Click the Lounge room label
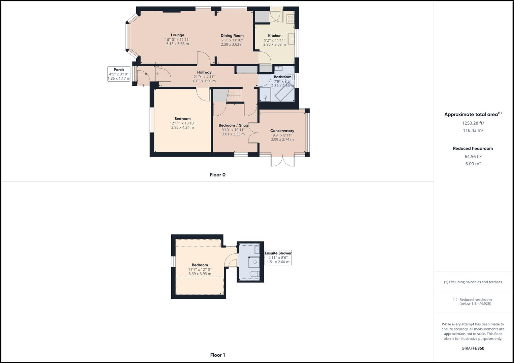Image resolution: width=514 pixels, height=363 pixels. point(177,35)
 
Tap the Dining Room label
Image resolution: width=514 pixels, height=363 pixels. point(232,36)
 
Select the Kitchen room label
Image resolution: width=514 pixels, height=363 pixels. point(275,36)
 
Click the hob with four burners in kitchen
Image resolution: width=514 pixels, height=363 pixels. point(290,19)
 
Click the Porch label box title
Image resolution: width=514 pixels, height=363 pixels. point(119,70)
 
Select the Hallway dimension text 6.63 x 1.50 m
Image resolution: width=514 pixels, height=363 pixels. point(204,81)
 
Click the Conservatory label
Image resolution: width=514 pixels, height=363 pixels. point(282,131)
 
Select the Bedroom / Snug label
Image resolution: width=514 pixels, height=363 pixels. point(233,125)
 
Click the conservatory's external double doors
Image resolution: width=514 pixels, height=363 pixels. point(283,161)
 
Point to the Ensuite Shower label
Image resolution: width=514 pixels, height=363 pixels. point(278,253)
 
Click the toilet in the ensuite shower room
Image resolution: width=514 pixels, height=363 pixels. point(255,274)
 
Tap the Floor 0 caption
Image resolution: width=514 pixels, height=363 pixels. point(217,175)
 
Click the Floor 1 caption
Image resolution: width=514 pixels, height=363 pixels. point(217,355)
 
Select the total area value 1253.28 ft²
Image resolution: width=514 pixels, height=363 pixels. point(473,123)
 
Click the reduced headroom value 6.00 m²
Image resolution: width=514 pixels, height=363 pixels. point(473,164)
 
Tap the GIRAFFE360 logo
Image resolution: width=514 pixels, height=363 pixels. point(473,348)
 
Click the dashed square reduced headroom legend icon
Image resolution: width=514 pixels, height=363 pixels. point(455,299)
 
